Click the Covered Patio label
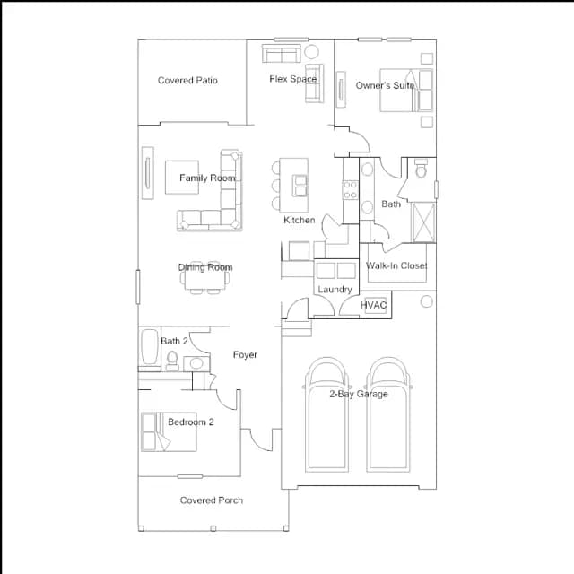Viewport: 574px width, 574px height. click(187, 80)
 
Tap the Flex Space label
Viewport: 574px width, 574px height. click(293, 79)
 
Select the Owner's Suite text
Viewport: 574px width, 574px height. click(385, 85)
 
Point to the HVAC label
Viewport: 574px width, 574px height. click(373, 305)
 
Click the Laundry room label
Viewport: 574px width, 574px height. click(335, 290)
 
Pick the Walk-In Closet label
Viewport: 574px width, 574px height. click(396, 265)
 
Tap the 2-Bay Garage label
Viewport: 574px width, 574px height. click(359, 394)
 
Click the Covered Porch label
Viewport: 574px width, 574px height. click(212, 500)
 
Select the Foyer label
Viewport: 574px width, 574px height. click(245, 354)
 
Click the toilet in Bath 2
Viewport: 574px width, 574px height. click(172, 361)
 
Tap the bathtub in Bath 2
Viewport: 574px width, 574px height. click(150, 347)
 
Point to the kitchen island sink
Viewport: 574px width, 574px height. click(300, 186)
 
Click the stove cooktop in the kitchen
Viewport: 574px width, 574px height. click(350, 190)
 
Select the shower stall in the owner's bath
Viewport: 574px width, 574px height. click(423, 222)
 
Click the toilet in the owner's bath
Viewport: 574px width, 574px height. click(421, 169)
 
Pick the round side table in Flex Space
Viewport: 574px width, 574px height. click(311, 52)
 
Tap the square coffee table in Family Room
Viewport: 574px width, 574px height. click(182, 178)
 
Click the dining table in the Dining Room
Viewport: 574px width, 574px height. click(205, 277)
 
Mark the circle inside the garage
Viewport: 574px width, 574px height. click(427, 301)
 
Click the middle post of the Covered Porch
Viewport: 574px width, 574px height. click(213, 528)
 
